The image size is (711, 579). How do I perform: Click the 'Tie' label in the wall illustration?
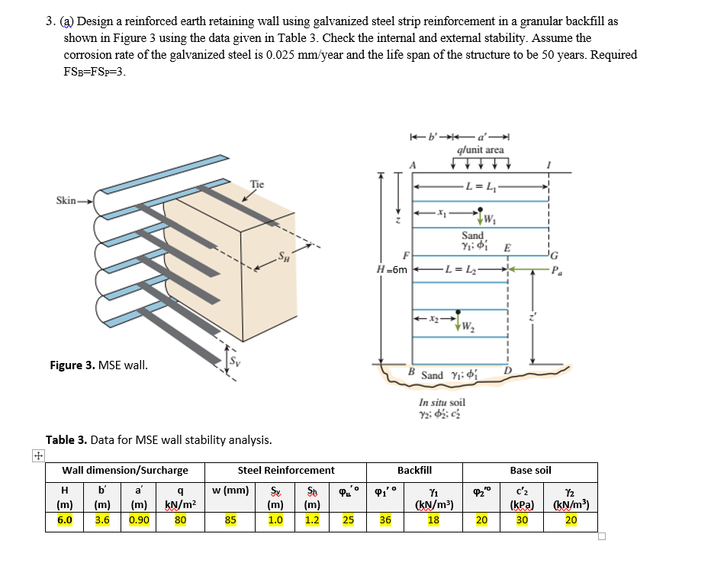(x=257, y=184)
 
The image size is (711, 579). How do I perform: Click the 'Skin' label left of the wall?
(x=66, y=201)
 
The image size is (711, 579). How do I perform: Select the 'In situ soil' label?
(x=442, y=402)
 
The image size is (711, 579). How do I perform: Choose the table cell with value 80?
(x=181, y=521)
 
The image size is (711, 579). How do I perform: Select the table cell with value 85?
(x=230, y=521)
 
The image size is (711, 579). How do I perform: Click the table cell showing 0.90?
(x=139, y=521)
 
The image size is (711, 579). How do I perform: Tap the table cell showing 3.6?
(x=102, y=521)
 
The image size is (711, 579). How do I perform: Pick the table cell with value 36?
(x=385, y=521)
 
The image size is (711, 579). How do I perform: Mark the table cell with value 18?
(x=433, y=521)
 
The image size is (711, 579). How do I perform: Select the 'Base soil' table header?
(x=530, y=471)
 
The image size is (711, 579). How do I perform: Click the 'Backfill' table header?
(x=415, y=471)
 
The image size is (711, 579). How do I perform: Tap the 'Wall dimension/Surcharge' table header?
(x=125, y=471)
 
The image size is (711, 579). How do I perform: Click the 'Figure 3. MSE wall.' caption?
(x=98, y=365)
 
